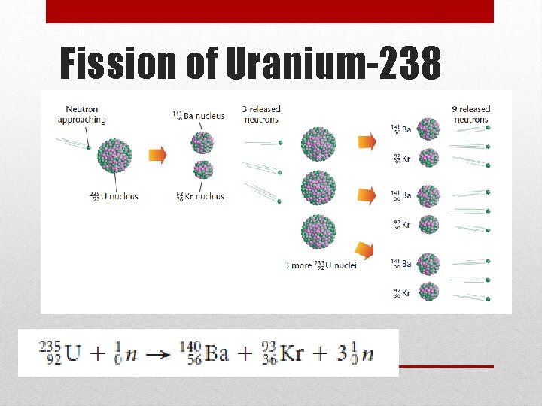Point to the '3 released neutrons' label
click(x=261, y=114)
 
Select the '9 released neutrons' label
click(x=471, y=114)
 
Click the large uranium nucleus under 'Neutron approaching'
click(x=115, y=156)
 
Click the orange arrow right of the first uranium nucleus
click(x=157, y=156)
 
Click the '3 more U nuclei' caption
click(x=321, y=265)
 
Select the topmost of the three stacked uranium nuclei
click(x=318, y=143)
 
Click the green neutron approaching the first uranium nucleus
click(x=89, y=148)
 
